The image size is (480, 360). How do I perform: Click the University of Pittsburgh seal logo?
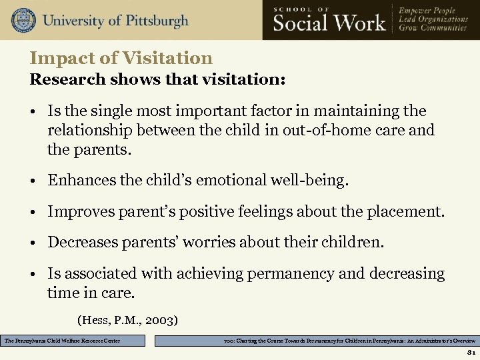tap(23, 20)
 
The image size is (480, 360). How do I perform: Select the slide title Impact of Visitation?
tap(121, 59)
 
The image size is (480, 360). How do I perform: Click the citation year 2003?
tap(160, 320)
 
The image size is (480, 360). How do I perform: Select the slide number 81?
tap(471, 353)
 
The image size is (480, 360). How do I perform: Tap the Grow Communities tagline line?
tap(433, 29)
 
